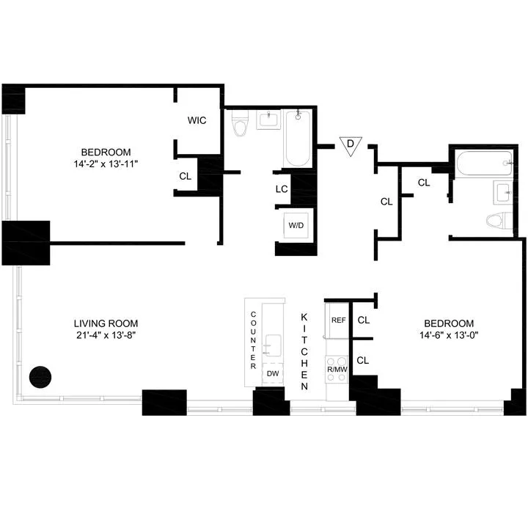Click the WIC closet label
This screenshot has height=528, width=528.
(x=197, y=120)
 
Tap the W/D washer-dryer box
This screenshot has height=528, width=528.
(x=296, y=225)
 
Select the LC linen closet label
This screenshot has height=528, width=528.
(x=281, y=188)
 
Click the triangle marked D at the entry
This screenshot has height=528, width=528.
(x=351, y=146)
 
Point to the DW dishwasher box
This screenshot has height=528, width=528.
(x=273, y=373)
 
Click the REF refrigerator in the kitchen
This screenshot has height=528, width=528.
(x=338, y=320)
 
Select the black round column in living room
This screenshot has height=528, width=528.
(x=40, y=377)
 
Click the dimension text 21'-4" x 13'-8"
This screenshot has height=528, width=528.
(x=106, y=336)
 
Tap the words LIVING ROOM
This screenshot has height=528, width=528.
(x=106, y=323)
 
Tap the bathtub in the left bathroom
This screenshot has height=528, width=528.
(x=298, y=137)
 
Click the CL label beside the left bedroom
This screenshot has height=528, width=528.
(x=186, y=176)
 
